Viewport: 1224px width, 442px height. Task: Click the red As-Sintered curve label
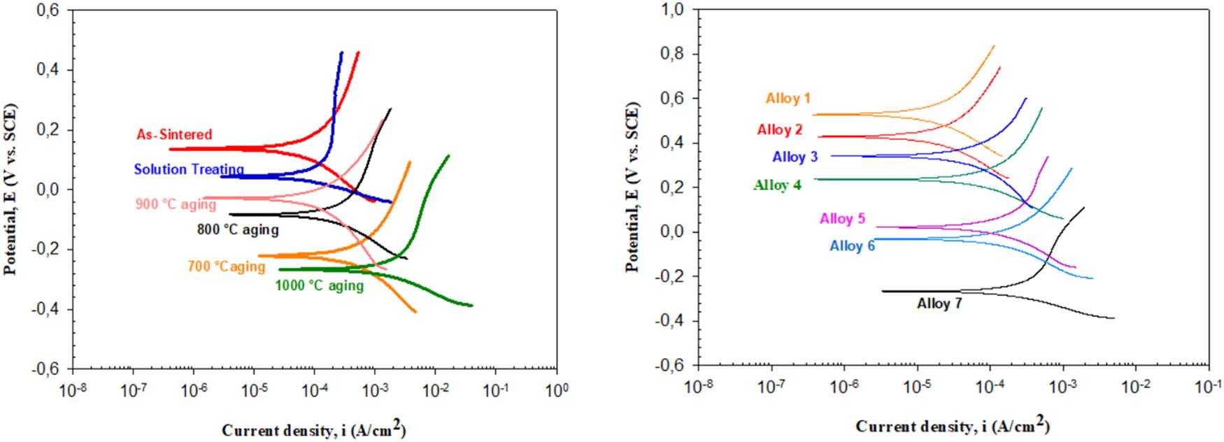click(x=174, y=134)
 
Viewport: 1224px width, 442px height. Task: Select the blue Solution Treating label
click(x=189, y=169)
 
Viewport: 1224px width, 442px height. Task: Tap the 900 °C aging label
click(x=176, y=205)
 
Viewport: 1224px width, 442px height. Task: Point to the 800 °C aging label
click(x=239, y=229)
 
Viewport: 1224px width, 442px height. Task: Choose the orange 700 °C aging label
click(x=226, y=266)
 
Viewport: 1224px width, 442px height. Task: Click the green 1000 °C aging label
click(x=319, y=285)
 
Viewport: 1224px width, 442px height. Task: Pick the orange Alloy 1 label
click(x=788, y=99)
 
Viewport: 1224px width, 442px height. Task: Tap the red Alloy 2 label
click(x=780, y=129)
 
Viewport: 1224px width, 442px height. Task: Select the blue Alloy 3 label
click(x=795, y=157)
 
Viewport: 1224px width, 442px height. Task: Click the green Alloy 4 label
click(x=777, y=185)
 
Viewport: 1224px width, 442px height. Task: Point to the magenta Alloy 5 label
click(x=842, y=219)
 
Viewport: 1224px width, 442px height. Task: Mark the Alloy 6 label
click(x=852, y=246)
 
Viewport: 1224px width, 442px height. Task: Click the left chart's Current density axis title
click(x=313, y=429)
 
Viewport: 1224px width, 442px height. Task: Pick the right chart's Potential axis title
click(x=633, y=187)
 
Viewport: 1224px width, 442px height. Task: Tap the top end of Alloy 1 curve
click(x=993, y=46)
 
